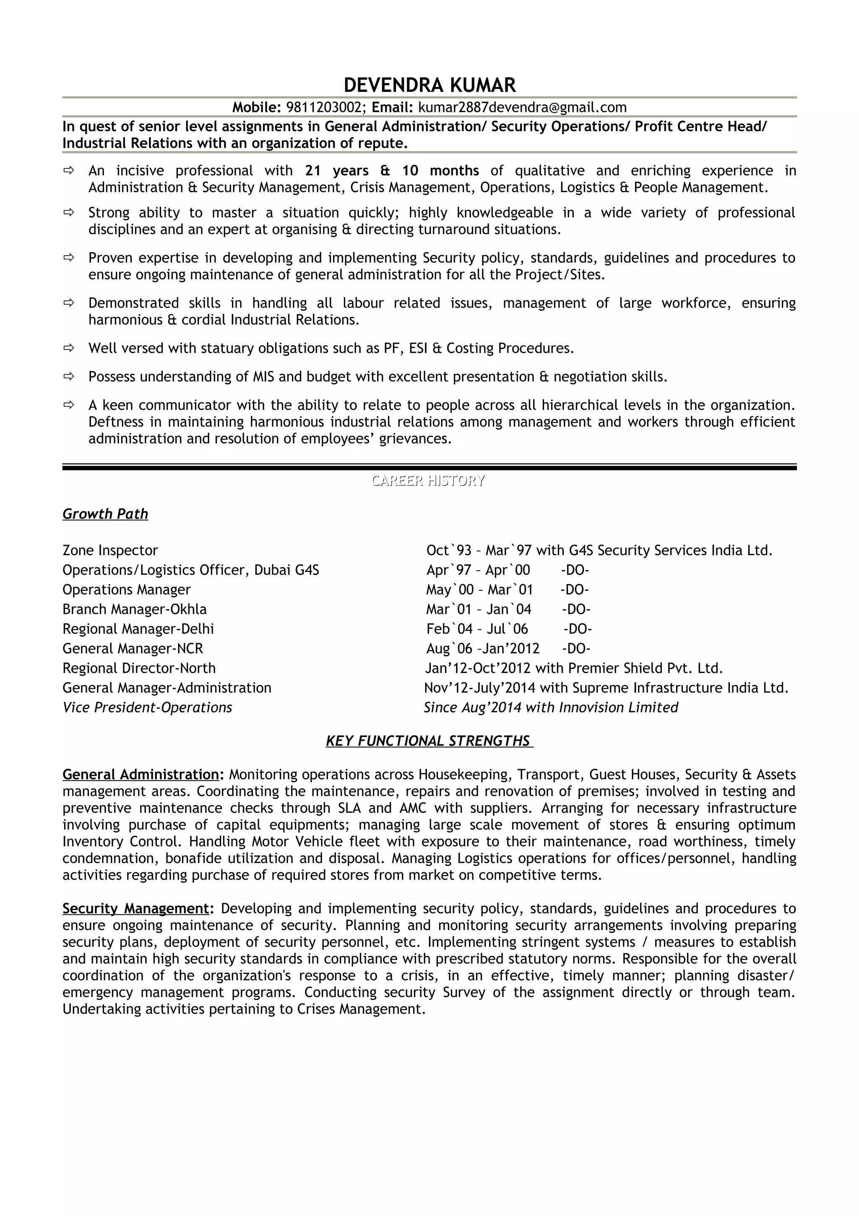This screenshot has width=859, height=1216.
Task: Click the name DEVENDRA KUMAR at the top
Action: (x=429, y=85)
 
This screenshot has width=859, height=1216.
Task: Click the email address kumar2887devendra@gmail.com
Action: (x=522, y=107)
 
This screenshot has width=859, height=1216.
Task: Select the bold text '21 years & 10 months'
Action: (x=392, y=170)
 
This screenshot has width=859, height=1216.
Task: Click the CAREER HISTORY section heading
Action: (x=428, y=480)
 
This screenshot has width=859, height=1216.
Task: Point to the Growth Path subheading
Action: (x=105, y=514)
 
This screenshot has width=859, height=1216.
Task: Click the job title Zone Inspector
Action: (x=110, y=550)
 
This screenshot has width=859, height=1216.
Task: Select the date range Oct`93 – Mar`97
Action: (x=479, y=550)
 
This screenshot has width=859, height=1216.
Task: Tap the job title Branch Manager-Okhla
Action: (x=135, y=609)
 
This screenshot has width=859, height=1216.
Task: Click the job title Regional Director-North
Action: (x=139, y=668)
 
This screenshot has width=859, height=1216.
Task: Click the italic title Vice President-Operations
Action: (x=147, y=707)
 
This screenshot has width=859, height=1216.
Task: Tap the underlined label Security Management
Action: (x=136, y=908)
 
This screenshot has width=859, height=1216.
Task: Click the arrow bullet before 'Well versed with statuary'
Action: (x=69, y=348)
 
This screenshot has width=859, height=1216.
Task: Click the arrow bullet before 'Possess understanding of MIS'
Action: (x=69, y=376)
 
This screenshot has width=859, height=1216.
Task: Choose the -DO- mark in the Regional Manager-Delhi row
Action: (x=578, y=629)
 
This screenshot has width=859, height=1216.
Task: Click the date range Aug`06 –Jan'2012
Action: (x=483, y=648)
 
